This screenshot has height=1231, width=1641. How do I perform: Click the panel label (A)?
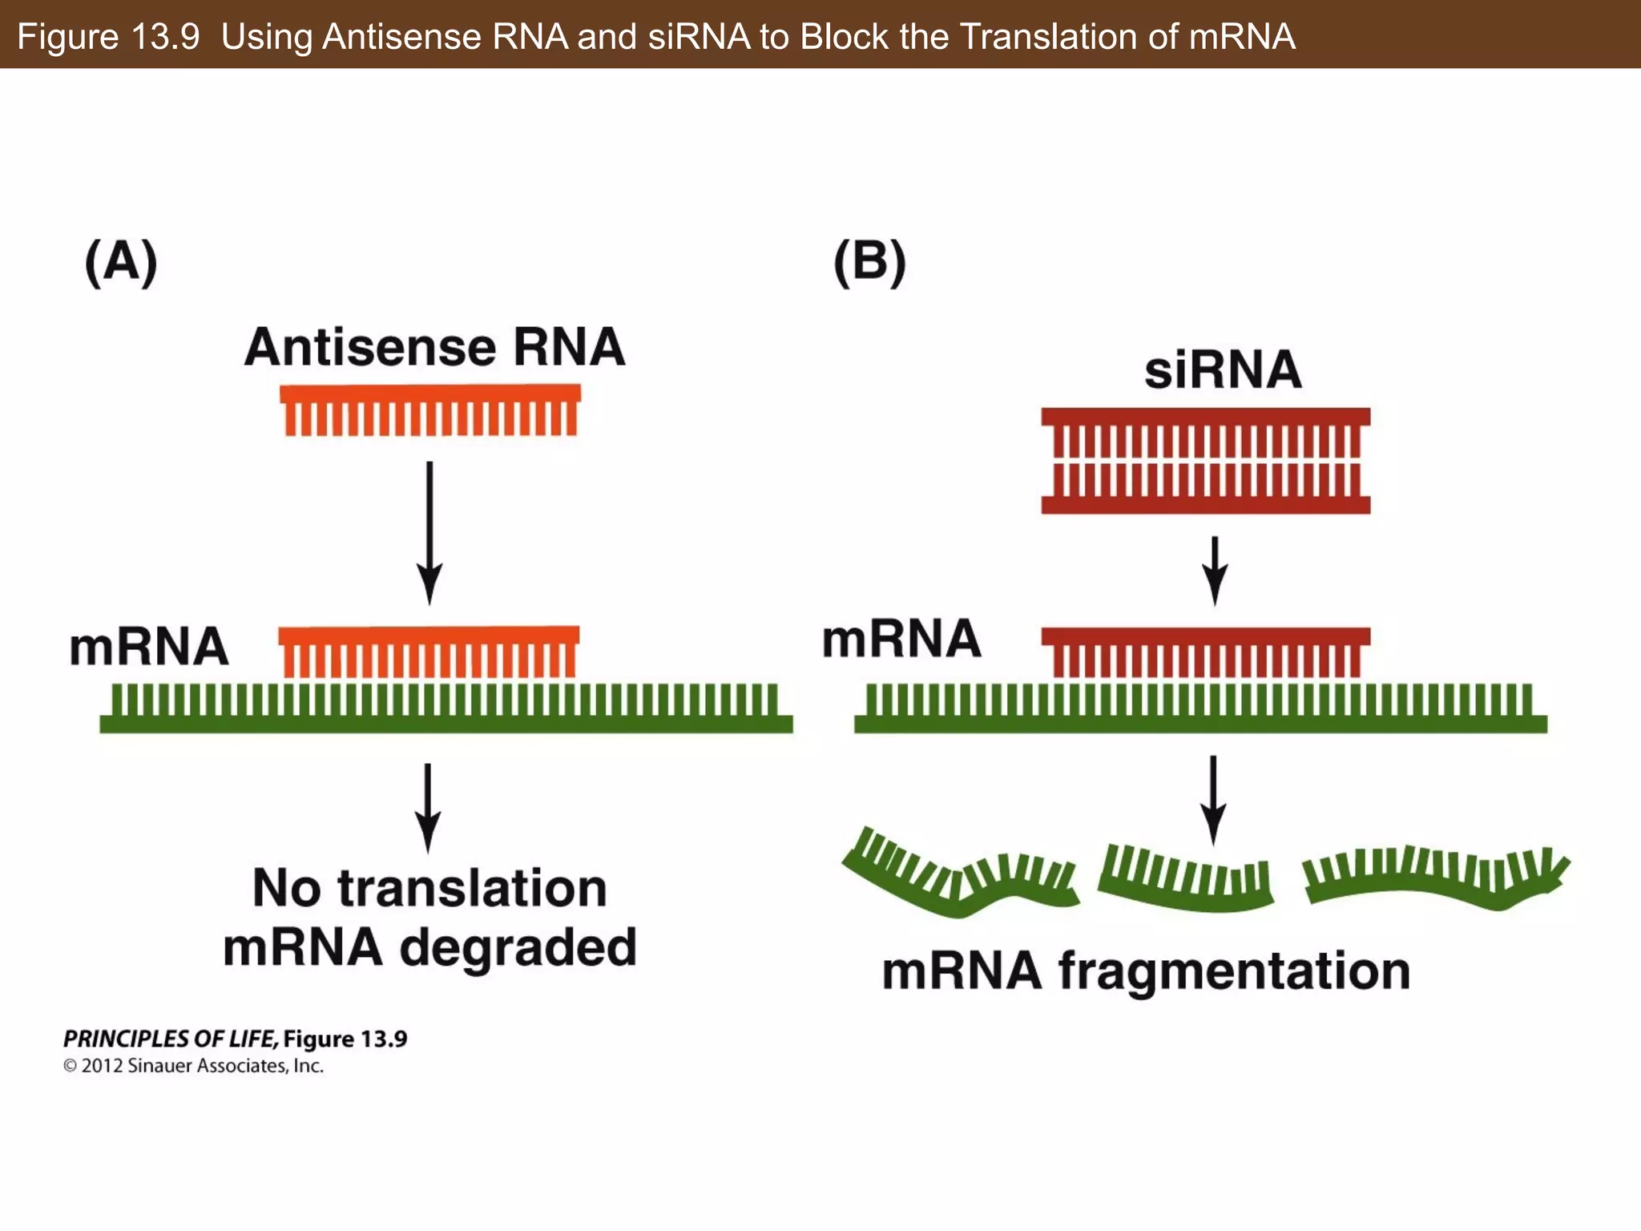[x=121, y=262]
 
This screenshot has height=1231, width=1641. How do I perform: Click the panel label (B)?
[x=869, y=262]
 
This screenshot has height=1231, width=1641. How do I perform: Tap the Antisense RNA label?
[x=434, y=348]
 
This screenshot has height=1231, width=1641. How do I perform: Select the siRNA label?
[x=1223, y=370]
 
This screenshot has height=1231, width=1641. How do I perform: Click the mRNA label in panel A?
[x=149, y=648]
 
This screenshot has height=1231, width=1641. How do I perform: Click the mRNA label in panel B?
[x=901, y=640]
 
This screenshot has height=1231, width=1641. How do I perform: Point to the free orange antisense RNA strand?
[x=430, y=410]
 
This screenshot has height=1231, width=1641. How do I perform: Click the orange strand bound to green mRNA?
[x=429, y=651]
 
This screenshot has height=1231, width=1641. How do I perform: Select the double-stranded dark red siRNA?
[x=1205, y=461]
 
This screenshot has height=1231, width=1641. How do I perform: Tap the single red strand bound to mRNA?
[x=1205, y=651]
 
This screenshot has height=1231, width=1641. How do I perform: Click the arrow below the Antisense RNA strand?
[x=429, y=533]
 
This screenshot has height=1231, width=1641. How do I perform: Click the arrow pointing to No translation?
[x=428, y=808]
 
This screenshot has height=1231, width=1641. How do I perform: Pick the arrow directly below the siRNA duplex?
[x=1215, y=571]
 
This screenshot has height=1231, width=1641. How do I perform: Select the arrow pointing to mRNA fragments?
[x=1213, y=800]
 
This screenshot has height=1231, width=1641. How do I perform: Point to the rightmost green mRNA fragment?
[x=1434, y=879]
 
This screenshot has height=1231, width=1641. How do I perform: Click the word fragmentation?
[x=1234, y=972]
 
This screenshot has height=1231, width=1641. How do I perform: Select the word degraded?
[x=518, y=949]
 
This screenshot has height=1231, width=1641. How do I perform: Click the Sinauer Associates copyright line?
[x=194, y=1066]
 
